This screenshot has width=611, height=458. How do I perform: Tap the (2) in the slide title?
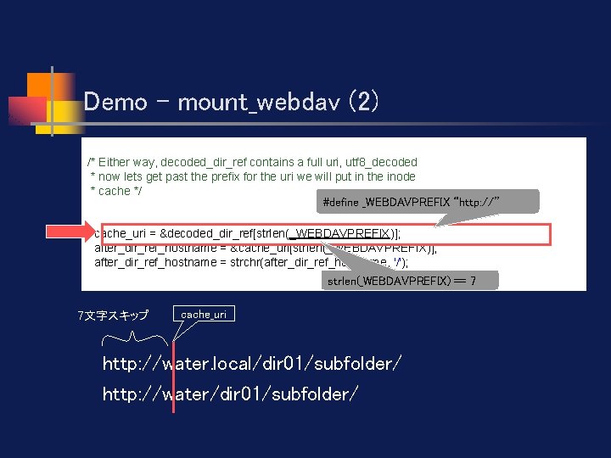(x=360, y=102)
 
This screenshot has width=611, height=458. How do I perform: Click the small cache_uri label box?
(x=204, y=314)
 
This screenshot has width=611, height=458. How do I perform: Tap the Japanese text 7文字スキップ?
(x=113, y=316)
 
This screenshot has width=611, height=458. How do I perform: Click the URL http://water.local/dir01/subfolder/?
(x=252, y=364)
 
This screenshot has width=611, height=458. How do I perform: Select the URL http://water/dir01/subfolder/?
(x=230, y=394)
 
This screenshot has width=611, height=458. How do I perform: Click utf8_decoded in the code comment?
(x=382, y=162)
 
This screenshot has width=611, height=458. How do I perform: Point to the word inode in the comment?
(x=398, y=176)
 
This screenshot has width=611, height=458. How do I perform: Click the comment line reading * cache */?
(x=116, y=191)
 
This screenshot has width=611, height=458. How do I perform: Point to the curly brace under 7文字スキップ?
(x=136, y=339)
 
